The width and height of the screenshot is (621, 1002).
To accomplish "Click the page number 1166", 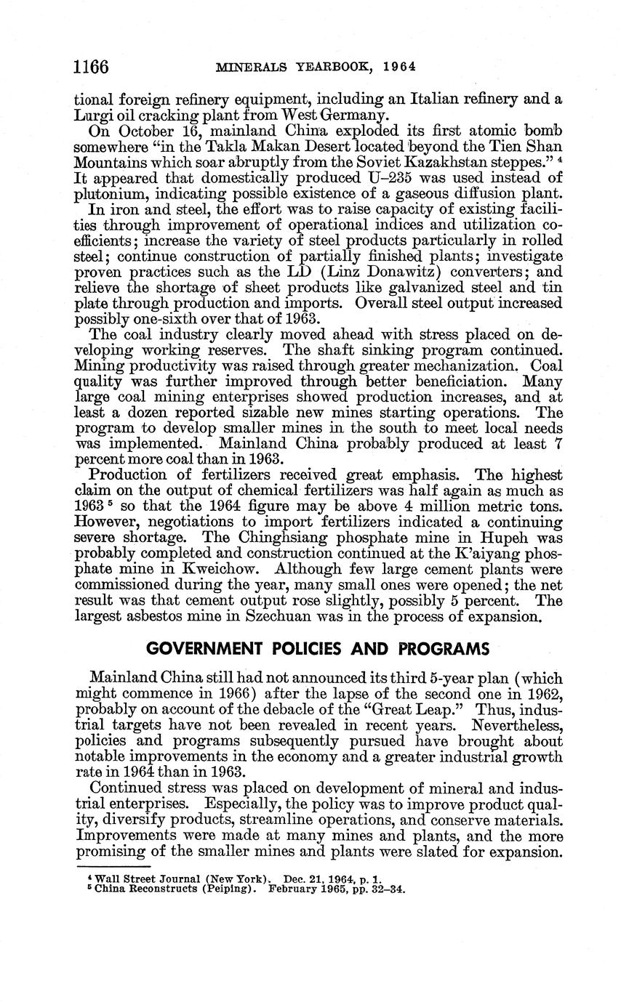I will (91, 68).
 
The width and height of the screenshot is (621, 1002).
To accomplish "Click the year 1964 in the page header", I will (399, 68).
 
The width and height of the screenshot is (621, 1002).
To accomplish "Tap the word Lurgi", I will (91, 113).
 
